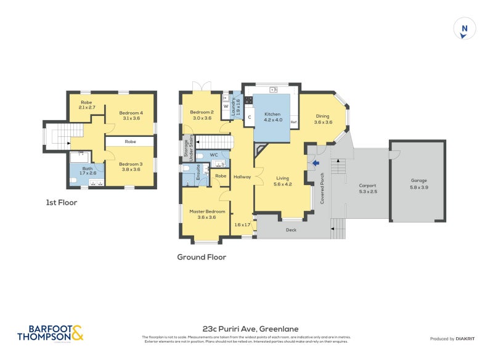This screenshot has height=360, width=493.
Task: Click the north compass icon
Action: click(465, 29)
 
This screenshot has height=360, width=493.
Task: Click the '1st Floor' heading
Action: click(62, 202)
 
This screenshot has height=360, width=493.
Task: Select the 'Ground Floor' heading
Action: click(202, 257)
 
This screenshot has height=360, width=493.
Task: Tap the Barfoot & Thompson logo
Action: click(50, 333)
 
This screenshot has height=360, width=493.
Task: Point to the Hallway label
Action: click(242, 177)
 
